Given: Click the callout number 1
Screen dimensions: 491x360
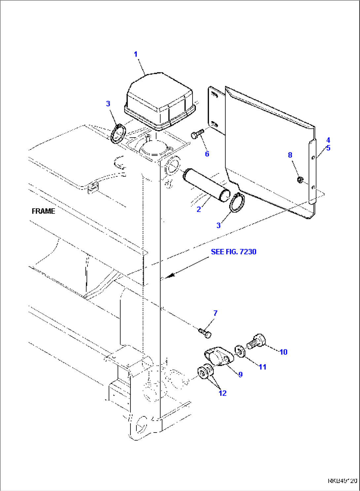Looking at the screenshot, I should (136, 54).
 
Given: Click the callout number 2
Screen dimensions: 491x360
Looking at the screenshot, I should (199, 209).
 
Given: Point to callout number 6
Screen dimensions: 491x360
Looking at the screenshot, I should (207, 154).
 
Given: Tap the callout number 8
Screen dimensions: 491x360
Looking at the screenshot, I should (290, 155).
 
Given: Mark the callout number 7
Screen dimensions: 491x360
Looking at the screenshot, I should (215, 313).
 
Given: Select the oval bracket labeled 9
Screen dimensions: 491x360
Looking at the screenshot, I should (217, 357).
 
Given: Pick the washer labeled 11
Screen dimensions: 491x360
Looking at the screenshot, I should (240, 351).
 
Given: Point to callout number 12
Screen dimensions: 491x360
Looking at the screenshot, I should (223, 393).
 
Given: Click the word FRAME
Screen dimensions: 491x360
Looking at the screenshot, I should (43, 211).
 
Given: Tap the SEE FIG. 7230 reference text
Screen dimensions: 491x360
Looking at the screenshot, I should (234, 252).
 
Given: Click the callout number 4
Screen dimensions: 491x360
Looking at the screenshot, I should (328, 140).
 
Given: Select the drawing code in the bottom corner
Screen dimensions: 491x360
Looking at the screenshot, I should (342, 481).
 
